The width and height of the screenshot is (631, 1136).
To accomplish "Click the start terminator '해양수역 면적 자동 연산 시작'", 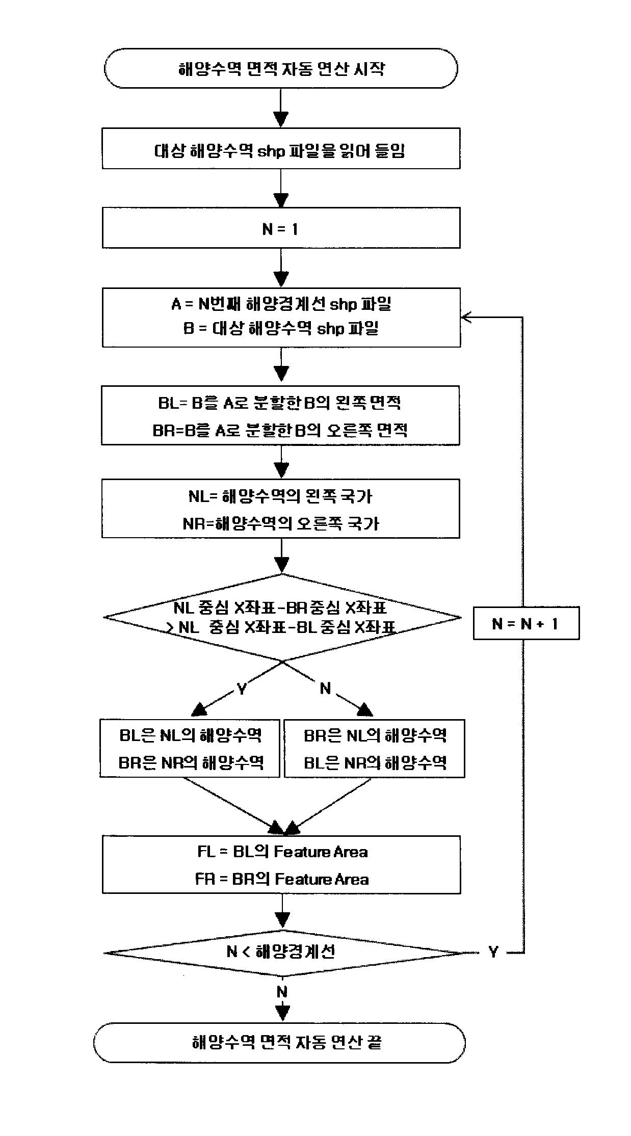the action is pos(281,68).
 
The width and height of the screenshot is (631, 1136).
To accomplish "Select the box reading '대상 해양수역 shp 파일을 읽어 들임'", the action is pos(281,148).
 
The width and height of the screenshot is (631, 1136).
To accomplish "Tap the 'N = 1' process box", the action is pos(281,227).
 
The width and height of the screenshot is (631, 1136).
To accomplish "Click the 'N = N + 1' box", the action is pos(526,623).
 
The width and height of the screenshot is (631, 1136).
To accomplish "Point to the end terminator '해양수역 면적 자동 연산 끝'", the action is pos(279,1042).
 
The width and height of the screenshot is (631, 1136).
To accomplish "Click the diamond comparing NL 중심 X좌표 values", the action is pos(282,617).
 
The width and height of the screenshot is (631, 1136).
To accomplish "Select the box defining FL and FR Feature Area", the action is pos(281,864).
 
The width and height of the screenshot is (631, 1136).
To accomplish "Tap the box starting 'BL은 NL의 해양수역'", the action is pos(190,748).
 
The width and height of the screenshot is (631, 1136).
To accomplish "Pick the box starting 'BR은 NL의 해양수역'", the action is pos(374,748).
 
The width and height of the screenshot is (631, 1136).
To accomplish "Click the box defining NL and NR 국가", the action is pos(281,508).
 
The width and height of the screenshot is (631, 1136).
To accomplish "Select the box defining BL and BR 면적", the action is pos(281,415).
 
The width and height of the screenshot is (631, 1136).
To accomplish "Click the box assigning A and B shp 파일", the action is pos(281,317).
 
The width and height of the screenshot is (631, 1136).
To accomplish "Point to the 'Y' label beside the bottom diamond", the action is pos(493,952).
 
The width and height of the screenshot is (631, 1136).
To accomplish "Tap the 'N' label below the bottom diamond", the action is pos(282,992).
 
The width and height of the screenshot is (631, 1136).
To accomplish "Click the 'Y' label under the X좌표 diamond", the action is pos(242,689).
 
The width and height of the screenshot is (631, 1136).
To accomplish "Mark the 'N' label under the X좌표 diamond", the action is pos(325,689).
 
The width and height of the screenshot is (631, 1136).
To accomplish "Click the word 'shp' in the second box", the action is pos(270,151).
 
